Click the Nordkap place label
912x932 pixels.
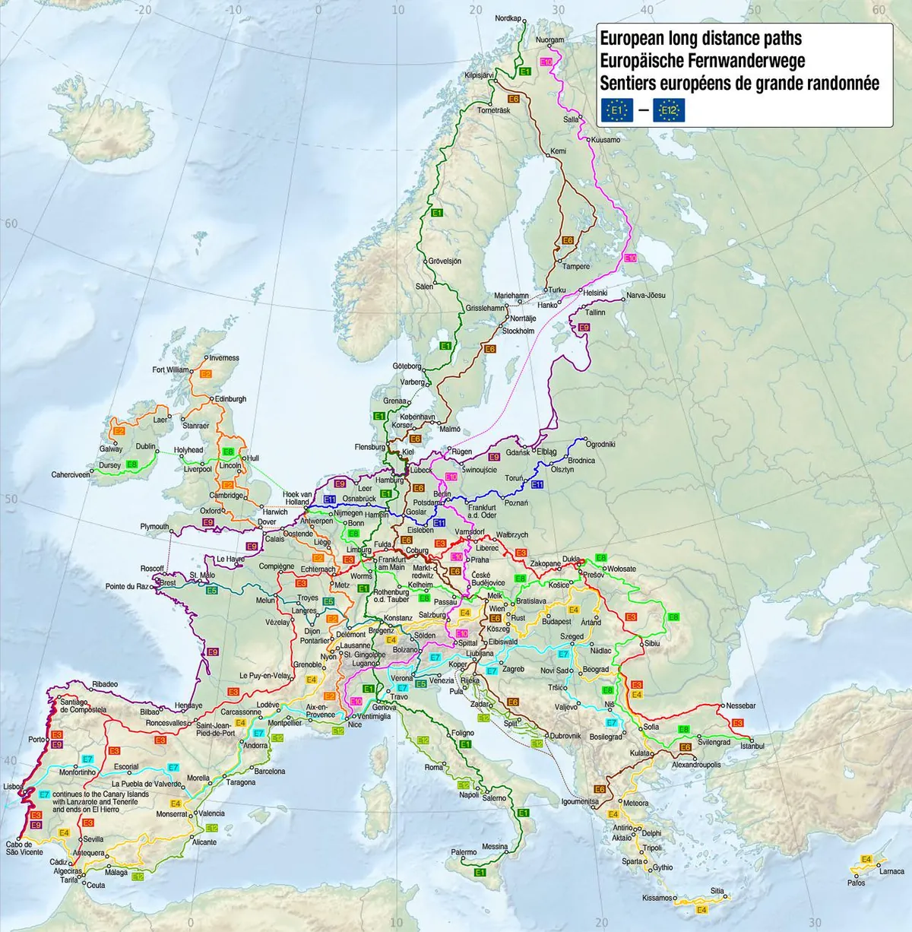pos(508,18)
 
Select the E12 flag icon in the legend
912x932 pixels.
pos(669,111)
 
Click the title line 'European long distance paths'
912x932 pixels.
pos(700,39)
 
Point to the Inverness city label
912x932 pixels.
pos(223,358)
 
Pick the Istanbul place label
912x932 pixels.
pos(752,747)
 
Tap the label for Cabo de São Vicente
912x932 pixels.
pos(24,848)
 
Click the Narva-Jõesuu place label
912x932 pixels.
pos(645,296)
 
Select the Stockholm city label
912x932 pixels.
pos(518,331)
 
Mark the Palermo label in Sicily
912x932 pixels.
pos(464,853)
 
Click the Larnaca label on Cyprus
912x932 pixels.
pos(891,872)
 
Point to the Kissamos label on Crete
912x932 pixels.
pos(657,898)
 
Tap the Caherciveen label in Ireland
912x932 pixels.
pos(70,475)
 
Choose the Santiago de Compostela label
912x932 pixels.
pos(83,706)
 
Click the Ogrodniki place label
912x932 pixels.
pos(600,445)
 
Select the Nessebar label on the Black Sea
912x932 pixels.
pos(740,706)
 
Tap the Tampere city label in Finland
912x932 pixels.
pos(575,267)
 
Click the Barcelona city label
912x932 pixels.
pos(269,772)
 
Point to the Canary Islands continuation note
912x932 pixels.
pos(100,802)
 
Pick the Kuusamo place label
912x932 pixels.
pos(605,140)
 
